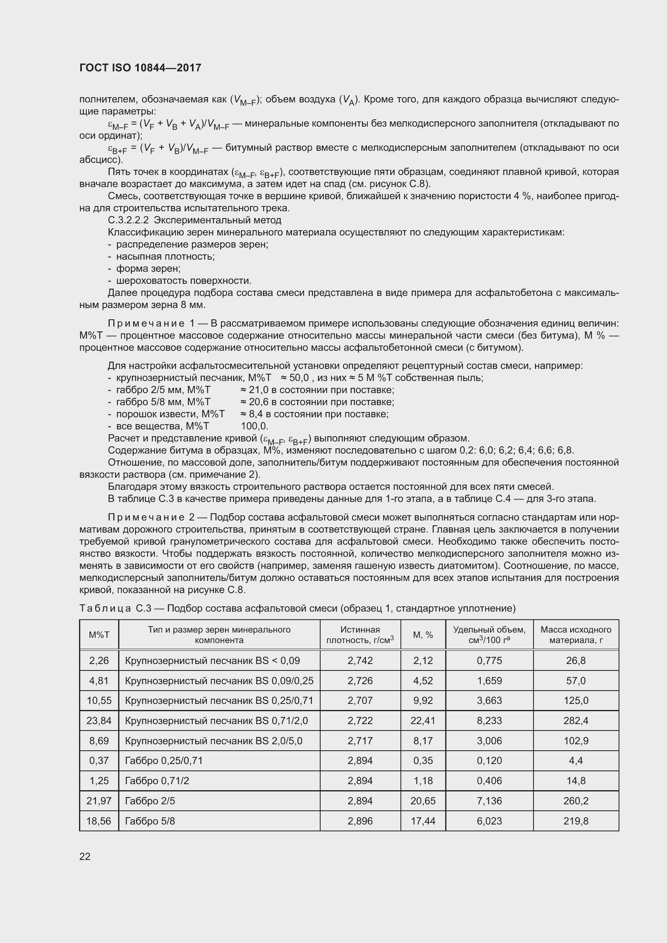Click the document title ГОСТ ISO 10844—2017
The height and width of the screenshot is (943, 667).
pos(140,68)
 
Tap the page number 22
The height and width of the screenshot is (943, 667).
pos(85,856)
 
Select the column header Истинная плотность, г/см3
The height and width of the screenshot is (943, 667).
pos(360,635)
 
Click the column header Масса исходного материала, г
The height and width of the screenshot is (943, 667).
pos(575,635)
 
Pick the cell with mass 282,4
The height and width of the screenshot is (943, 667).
pos(575,720)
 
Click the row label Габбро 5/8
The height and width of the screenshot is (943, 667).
pos(150,821)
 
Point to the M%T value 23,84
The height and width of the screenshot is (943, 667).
pos(99,720)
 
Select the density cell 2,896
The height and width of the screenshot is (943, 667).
pos(360,821)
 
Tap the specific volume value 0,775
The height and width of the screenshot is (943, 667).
pos(489,660)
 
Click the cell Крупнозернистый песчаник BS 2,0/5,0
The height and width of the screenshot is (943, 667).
pos(214,741)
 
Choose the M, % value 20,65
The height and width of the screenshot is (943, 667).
pos(423,801)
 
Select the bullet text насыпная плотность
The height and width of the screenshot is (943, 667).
pos(165,257)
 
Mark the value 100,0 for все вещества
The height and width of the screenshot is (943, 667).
pos(254,426)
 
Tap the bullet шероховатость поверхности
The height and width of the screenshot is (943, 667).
pos(183,281)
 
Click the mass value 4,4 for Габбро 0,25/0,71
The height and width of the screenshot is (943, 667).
pos(575,761)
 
